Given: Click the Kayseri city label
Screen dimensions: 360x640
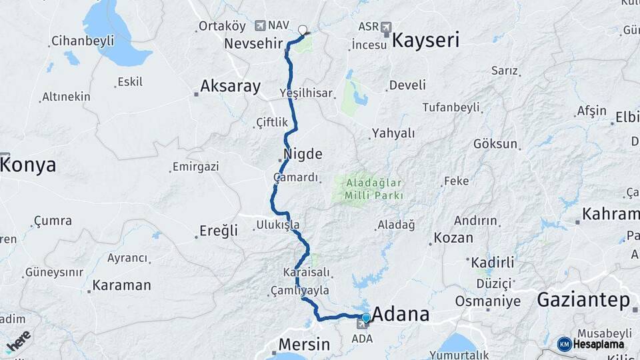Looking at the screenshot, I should (425, 40).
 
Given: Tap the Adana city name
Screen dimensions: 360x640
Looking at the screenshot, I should (400, 315).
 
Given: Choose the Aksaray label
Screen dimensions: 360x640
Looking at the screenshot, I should (230, 86).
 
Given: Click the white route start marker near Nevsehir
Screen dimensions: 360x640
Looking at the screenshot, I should (303, 29).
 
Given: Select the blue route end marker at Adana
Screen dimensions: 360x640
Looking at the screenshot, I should (365, 317).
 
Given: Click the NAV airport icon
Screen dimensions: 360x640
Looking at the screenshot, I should (260, 25).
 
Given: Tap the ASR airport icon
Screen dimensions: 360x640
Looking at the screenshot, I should (386, 27).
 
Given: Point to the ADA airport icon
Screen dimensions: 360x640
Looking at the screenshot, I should (362, 325).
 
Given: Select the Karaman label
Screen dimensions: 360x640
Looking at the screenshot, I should (121, 285).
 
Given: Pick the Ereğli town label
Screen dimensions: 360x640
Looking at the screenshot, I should (219, 231).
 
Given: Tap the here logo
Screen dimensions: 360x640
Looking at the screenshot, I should (18, 341).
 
